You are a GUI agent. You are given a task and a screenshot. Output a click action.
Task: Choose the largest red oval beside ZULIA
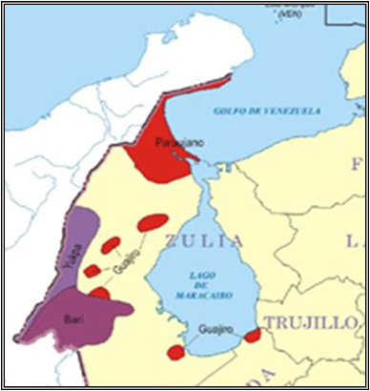click(x=153, y=223)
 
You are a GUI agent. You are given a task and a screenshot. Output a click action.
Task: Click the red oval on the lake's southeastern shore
click(x=252, y=336)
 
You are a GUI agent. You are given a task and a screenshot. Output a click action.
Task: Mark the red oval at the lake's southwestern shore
click(x=175, y=353)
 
